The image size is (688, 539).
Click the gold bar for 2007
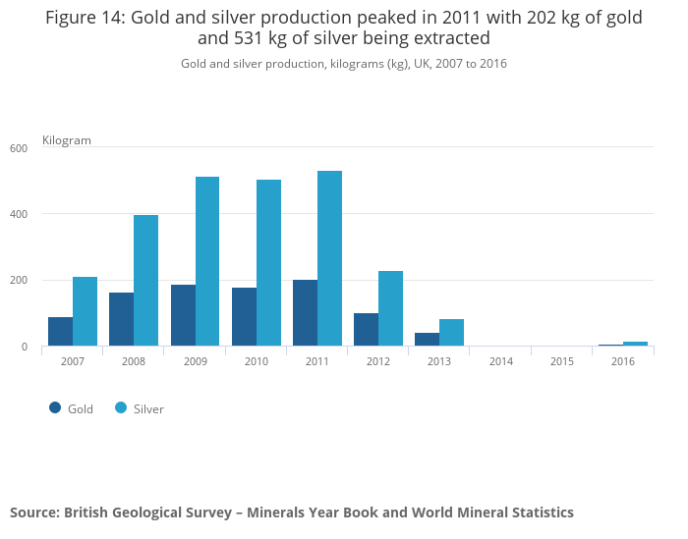click(60, 332)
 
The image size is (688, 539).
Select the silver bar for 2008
click(145, 281)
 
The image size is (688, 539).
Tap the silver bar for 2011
click(329, 258)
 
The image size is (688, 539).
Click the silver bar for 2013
click(451, 333)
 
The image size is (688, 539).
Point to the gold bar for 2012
click(366, 330)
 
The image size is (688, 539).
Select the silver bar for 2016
click(635, 344)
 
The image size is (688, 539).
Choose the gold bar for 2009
click(183, 315)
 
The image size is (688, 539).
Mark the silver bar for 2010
click(268, 263)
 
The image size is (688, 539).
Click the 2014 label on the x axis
click(500, 362)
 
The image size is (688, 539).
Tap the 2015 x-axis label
click(561, 362)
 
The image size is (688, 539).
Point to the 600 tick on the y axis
click(19, 148)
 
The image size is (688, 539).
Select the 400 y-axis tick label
click(19, 214)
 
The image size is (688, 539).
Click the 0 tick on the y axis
click(24, 347)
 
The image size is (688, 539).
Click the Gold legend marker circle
click(55, 407)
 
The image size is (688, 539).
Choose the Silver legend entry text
click(148, 408)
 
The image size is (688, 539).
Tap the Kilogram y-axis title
click(67, 140)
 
